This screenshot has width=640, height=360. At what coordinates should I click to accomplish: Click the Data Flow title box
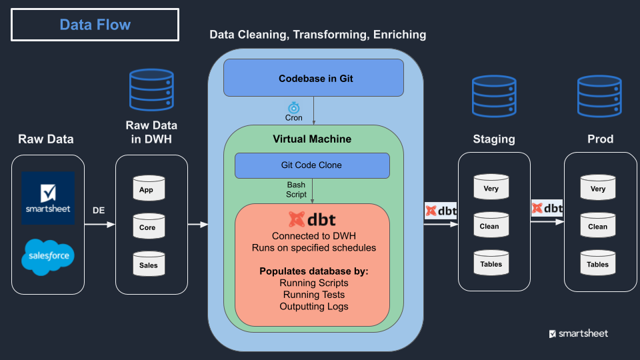pyautogui.click(x=95, y=25)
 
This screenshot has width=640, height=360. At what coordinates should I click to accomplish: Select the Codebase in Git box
pyautogui.click(x=313, y=77)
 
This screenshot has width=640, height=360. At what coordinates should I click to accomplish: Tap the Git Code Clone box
pyautogui.click(x=312, y=165)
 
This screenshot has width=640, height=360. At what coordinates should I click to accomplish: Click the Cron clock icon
pyautogui.click(x=293, y=107)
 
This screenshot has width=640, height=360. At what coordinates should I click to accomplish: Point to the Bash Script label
pyautogui.click(x=297, y=189)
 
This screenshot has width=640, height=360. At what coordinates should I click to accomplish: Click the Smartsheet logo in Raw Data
pyautogui.click(x=48, y=198)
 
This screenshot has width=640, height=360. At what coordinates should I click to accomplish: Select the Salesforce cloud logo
pyautogui.click(x=48, y=255)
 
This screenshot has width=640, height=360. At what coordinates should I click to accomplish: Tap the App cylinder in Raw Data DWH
pyautogui.click(x=147, y=190)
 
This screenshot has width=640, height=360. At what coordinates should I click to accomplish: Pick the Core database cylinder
pyautogui.click(x=147, y=227)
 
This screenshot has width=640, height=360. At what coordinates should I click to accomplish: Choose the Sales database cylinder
pyautogui.click(x=147, y=265)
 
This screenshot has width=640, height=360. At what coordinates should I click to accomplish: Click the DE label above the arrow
pyautogui.click(x=98, y=211)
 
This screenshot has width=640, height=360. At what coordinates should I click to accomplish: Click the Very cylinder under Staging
pyautogui.click(x=491, y=189)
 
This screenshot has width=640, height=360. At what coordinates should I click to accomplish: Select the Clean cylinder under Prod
pyautogui.click(x=597, y=226)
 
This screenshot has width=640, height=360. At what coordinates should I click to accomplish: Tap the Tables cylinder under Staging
pyautogui.click(x=491, y=264)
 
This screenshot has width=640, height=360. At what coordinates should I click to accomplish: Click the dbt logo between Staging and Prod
pyautogui.click(x=547, y=208)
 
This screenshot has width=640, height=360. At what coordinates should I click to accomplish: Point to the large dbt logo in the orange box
pyautogui.click(x=311, y=219)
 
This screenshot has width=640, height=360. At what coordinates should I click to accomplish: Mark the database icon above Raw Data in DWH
pyautogui.click(x=151, y=92)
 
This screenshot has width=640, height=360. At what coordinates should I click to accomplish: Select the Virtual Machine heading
pyautogui.click(x=312, y=139)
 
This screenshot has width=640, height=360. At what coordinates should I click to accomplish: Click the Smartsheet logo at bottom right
pyautogui.click(x=578, y=333)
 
